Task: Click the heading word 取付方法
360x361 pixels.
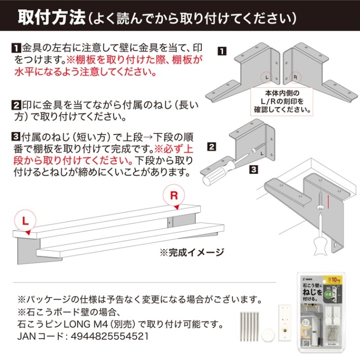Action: coord(51,18)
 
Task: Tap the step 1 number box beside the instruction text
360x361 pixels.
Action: coord(15,49)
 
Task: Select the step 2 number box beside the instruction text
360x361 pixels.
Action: coord(15,106)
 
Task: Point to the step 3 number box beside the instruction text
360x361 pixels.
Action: coord(15,137)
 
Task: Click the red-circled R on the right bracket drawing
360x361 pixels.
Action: coord(296,78)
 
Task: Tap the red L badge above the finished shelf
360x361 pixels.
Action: coord(25,221)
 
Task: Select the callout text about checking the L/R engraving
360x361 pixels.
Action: coord(281,101)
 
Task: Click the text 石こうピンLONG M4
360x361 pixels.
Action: coord(65,323)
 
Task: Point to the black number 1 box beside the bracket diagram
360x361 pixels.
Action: coord(222,51)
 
